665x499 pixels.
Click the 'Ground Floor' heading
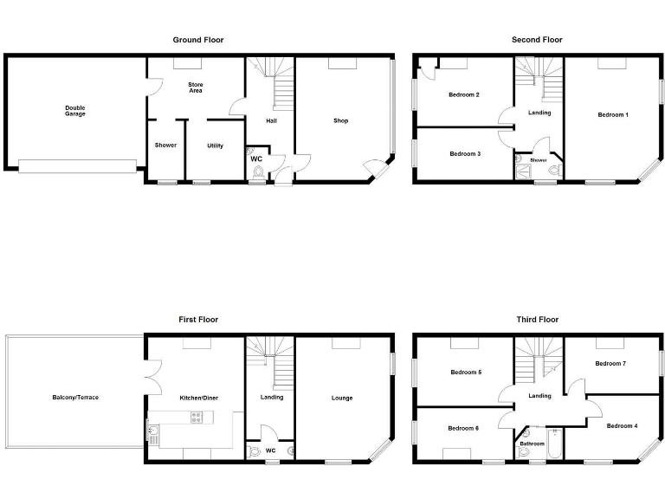click(x=198, y=40)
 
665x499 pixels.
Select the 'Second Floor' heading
click(x=537, y=40)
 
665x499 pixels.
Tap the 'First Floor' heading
click(x=198, y=320)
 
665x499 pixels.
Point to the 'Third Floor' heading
click(x=537, y=320)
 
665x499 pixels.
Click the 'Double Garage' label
click(x=75, y=111)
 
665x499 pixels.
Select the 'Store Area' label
click(x=196, y=87)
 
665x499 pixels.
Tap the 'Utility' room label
click(x=215, y=146)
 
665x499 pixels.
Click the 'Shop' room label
click(x=340, y=120)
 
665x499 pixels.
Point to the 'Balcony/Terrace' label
click(x=75, y=398)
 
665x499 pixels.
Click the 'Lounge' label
click(x=341, y=399)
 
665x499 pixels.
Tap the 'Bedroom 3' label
click(x=465, y=154)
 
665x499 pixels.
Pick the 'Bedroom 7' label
click(x=610, y=364)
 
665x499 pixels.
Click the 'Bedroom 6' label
click(x=463, y=428)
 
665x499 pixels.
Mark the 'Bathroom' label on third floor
click(x=532, y=444)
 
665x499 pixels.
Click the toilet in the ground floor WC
click(x=258, y=172)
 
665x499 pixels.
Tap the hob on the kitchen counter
click(x=197, y=417)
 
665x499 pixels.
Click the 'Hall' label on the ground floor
click(x=271, y=121)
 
